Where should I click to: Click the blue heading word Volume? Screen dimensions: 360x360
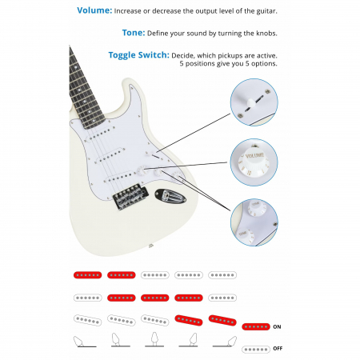(x=94, y=10)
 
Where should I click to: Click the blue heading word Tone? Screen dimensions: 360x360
(x=134, y=33)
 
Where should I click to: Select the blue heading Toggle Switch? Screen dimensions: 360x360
(x=138, y=55)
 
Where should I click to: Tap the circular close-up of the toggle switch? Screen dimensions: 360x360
(x=254, y=102)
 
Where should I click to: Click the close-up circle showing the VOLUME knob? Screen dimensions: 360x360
(x=254, y=162)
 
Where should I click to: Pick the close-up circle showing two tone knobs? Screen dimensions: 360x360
(x=254, y=222)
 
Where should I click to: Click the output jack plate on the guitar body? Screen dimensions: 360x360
(x=170, y=196)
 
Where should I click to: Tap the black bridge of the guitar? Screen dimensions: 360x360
(x=130, y=196)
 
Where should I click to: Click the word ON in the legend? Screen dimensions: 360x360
(x=277, y=326)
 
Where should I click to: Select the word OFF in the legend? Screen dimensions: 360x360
(x=278, y=349)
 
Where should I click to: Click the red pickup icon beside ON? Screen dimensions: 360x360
(x=256, y=326)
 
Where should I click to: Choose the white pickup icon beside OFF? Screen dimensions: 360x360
(x=256, y=350)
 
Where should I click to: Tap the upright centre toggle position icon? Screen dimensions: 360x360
(x=154, y=339)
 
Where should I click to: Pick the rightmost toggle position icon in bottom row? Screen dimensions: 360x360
(x=225, y=342)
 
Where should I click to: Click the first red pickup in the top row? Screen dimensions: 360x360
(x=87, y=275)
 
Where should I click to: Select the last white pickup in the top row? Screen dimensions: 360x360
(x=222, y=275)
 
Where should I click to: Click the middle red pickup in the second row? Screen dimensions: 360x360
(x=155, y=298)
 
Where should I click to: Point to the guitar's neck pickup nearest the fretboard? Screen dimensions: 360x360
(x=99, y=135)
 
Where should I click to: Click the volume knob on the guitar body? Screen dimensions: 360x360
(x=141, y=170)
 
